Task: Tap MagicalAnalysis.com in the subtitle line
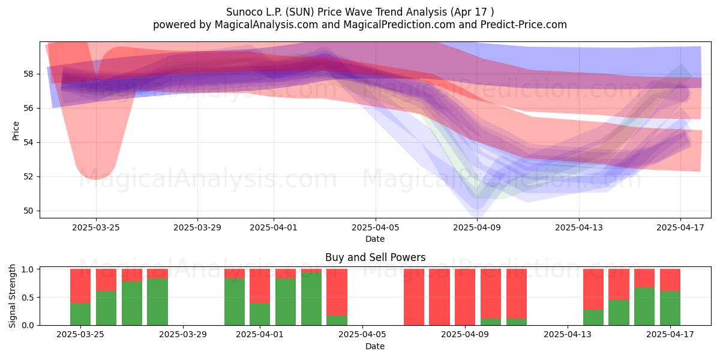click(x=266, y=25)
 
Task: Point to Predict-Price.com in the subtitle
click(x=524, y=25)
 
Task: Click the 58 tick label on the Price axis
click(x=28, y=74)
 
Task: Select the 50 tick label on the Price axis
click(x=28, y=211)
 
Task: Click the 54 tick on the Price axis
click(x=28, y=143)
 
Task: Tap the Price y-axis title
click(x=16, y=131)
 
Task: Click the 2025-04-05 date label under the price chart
click(x=376, y=227)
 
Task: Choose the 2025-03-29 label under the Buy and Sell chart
click(x=183, y=335)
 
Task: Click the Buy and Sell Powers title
click(x=375, y=257)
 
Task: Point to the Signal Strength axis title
click(x=12, y=296)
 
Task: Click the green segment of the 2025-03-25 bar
click(x=80, y=314)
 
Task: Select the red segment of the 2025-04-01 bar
click(x=260, y=286)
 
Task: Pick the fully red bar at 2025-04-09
click(x=465, y=297)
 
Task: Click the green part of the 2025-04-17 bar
click(x=670, y=308)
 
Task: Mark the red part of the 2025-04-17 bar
click(x=670, y=280)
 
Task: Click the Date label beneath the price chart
click(x=375, y=239)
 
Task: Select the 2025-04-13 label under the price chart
click(x=579, y=227)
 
